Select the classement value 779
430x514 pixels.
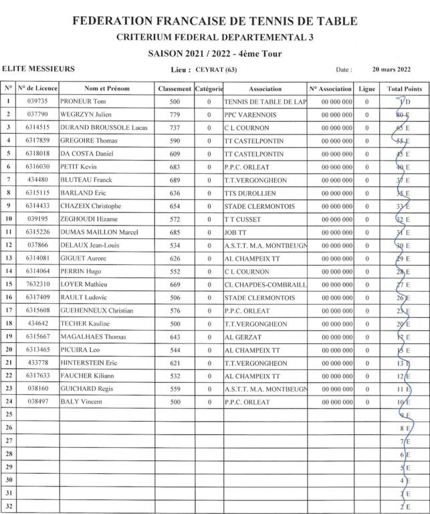175,114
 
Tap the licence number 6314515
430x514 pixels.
37,127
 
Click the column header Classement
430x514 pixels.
175,88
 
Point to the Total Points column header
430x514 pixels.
405,88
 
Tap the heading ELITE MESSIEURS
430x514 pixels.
39,69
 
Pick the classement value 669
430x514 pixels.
175,284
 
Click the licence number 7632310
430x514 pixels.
37,284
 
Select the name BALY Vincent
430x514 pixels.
82,402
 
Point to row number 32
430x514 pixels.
9,506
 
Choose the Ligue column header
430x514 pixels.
366,88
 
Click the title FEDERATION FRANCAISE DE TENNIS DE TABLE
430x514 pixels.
215,21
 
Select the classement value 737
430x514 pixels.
175,127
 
